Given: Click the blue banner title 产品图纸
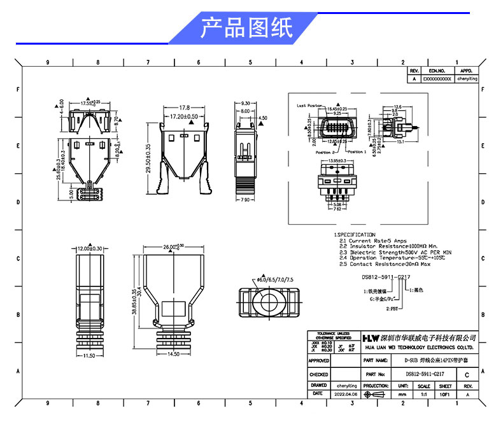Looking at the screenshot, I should pyautogui.click(x=246, y=27).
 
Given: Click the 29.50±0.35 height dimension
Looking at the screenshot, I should pyautogui.click(x=148, y=155).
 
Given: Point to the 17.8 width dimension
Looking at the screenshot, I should pyautogui.click(x=185, y=108).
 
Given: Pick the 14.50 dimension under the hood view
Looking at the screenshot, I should pyautogui.click(x=173, y=354).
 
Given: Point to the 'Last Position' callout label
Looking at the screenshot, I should pyautogui.click(x=310, y=106).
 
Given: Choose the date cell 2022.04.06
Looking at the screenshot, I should pyautogui.click(x=346, y=394).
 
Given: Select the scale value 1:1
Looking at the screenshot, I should pyautogui.click(x=424, y=394).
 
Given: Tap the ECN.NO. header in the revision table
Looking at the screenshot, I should pyautogui.click(x=437, y=71).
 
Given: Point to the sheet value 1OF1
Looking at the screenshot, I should pyautogui.click(x=446, y=394).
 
